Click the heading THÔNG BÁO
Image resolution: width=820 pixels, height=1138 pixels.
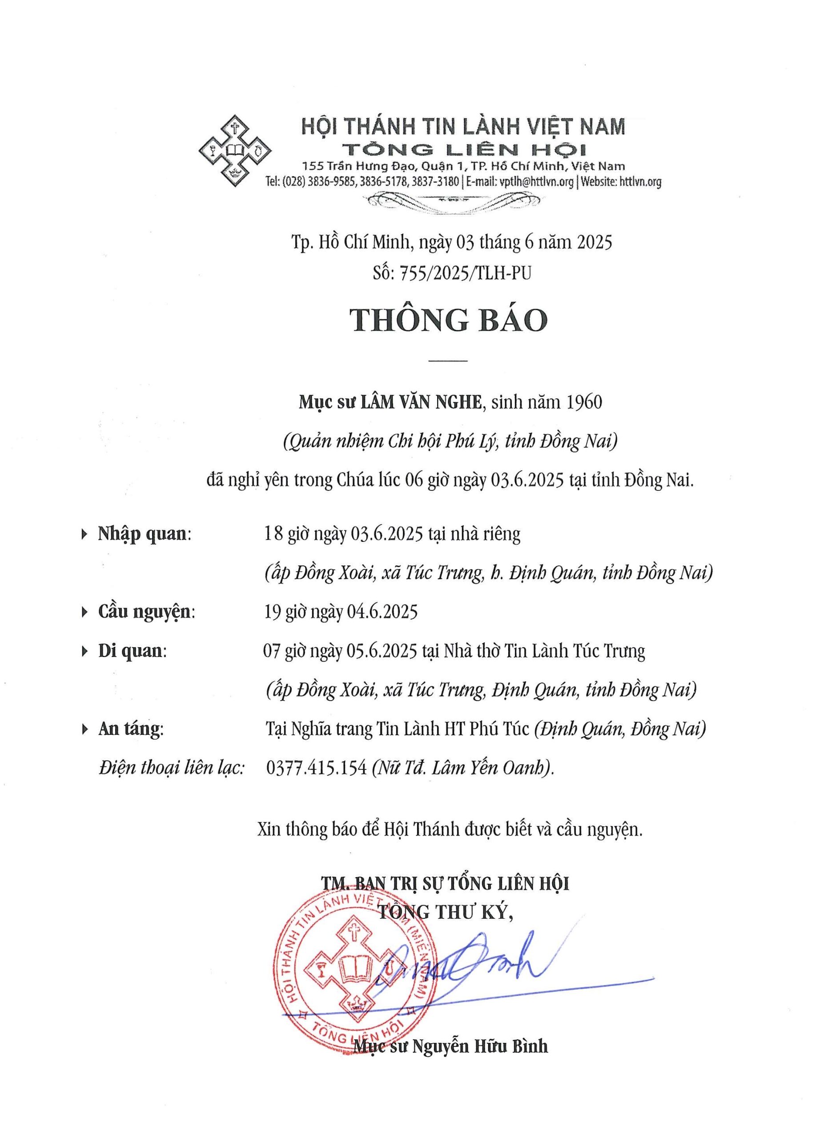coord(448,320)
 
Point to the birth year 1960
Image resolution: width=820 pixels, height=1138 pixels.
coord(583,402)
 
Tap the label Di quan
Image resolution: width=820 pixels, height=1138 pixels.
coord(132,651)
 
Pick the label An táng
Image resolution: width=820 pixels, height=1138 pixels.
coord(130,729)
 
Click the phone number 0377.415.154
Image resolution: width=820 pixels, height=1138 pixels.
coord(316,768)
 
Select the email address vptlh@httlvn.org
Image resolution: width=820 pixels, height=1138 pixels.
coord(536,182)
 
